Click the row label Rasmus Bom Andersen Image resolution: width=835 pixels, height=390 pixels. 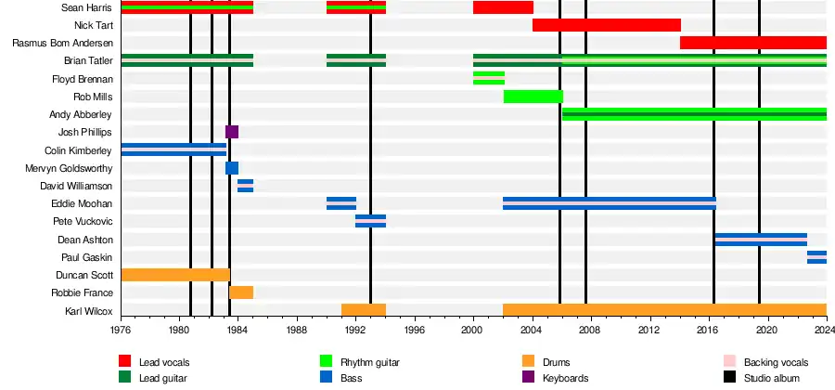[62, 44]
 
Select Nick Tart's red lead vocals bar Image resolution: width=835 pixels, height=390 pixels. [606, 25]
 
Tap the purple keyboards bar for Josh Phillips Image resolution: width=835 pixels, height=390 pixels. [232, 132]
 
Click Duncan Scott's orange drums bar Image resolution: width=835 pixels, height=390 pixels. [175, 275]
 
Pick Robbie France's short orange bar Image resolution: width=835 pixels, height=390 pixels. [241, 292]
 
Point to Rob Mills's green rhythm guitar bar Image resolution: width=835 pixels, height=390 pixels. [533, 97]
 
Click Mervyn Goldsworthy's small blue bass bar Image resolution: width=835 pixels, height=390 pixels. [232, 168]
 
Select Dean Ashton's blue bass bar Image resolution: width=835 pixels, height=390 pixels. [761, 240]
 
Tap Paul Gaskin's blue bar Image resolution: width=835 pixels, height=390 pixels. [816, 257]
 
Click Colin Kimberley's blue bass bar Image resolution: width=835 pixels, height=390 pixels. [173, 149]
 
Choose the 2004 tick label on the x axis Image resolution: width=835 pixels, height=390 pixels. [532, 331]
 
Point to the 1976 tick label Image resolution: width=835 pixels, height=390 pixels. [122, 331]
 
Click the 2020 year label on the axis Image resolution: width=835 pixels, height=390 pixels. [767, 331]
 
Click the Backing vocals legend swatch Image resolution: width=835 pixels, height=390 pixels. [728, 362]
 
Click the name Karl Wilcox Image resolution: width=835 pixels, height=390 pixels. [88, 311]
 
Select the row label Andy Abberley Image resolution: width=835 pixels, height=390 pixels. [81, 114]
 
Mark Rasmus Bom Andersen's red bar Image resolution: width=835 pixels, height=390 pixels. [752, 43]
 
